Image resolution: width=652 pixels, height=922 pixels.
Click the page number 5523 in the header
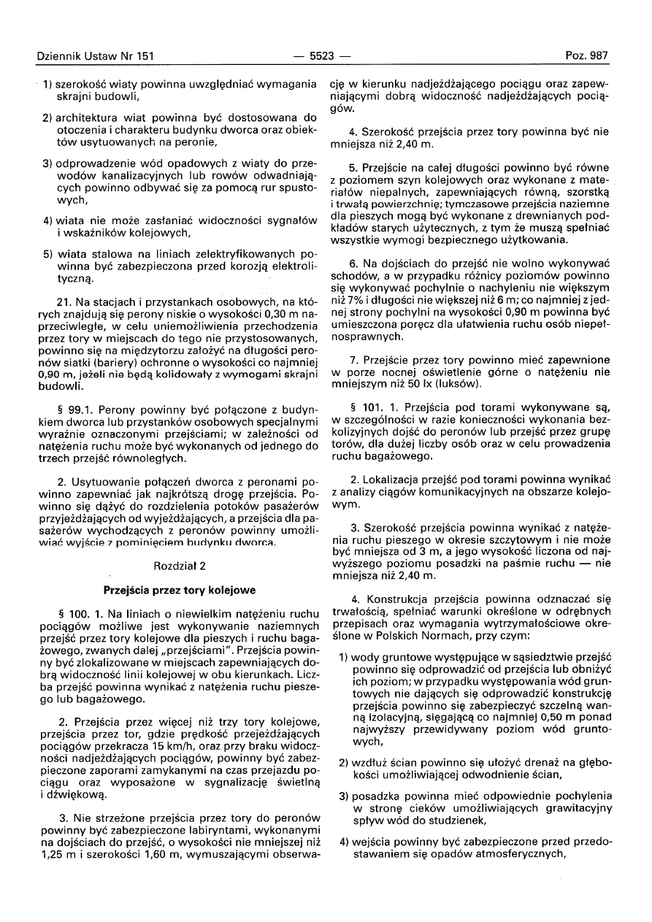321,55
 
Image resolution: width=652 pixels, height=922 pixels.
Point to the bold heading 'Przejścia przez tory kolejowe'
180,588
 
